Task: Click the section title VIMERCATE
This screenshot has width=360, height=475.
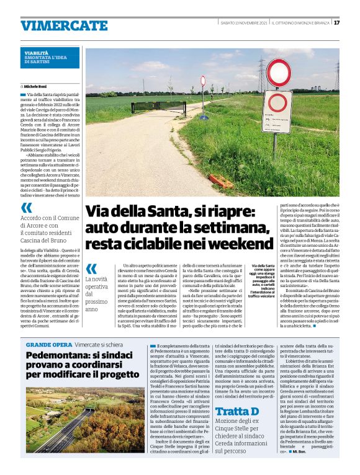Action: point(64,25)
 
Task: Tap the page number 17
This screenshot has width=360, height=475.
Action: point(336,23)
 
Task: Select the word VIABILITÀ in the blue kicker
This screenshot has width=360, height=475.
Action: point(37,53)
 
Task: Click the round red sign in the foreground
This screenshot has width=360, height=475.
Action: point(278,73)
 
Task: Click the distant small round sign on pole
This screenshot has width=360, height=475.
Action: point(203,81)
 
